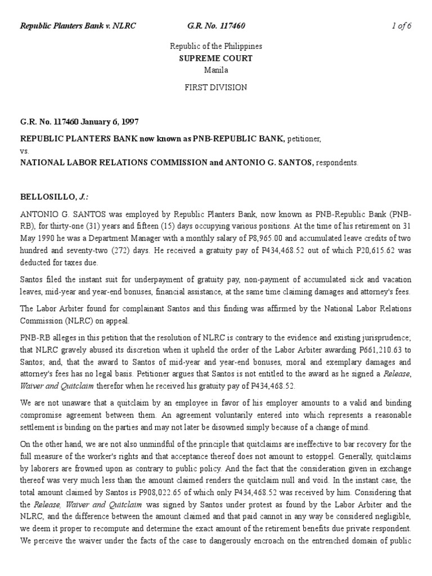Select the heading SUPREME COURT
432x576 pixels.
coord(216,58)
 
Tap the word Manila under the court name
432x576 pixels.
coord(216,70)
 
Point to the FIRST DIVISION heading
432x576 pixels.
coord(216,87)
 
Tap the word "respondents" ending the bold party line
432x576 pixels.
coord(336,163)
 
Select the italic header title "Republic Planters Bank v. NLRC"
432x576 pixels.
coord(78,26)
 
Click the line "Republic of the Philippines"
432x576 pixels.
coord(216,46)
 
